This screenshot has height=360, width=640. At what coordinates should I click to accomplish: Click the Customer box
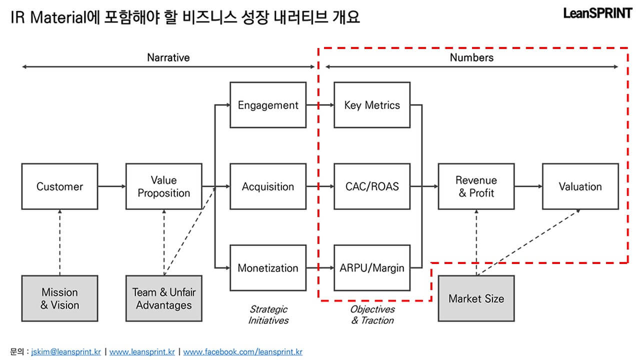59,186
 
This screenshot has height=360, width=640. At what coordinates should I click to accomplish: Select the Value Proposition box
164,186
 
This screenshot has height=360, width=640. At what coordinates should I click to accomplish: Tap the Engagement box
268,105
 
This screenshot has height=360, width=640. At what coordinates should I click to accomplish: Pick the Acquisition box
268,186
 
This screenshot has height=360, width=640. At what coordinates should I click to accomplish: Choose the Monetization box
268,268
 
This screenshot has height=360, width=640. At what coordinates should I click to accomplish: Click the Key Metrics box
372,105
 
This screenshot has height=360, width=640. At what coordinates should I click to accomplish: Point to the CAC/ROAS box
372,186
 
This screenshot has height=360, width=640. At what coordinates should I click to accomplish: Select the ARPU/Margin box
372,268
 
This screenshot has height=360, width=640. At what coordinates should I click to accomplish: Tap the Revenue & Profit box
476,186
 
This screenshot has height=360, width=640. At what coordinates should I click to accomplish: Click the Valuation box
580,186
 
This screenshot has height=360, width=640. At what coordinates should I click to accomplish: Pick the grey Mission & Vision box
59,298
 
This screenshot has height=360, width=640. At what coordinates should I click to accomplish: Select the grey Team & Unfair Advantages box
164,298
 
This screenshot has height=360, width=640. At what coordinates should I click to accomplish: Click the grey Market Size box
476,298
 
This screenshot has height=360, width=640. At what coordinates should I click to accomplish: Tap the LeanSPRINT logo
597,13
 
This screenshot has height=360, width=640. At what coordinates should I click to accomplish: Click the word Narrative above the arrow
168,57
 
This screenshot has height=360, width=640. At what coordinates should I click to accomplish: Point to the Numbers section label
471,57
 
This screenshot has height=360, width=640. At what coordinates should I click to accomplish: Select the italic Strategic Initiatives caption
268,314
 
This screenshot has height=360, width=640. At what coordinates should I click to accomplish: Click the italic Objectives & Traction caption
372,314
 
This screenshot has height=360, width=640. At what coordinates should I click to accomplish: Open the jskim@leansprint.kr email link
66,352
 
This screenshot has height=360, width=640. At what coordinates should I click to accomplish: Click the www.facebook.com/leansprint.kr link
242,352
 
